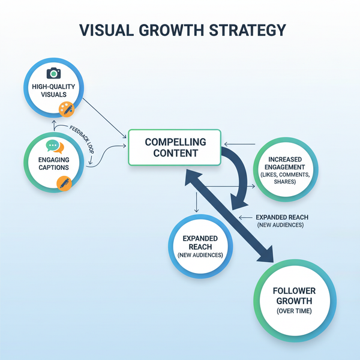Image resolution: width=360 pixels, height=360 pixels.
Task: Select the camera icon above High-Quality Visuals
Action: coord(55,73)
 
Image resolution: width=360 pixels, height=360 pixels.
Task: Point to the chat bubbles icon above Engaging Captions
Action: coord(55,146)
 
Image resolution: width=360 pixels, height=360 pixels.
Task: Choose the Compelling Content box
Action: coord(175,148)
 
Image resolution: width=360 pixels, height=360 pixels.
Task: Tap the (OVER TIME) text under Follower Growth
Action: coord(293,310)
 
